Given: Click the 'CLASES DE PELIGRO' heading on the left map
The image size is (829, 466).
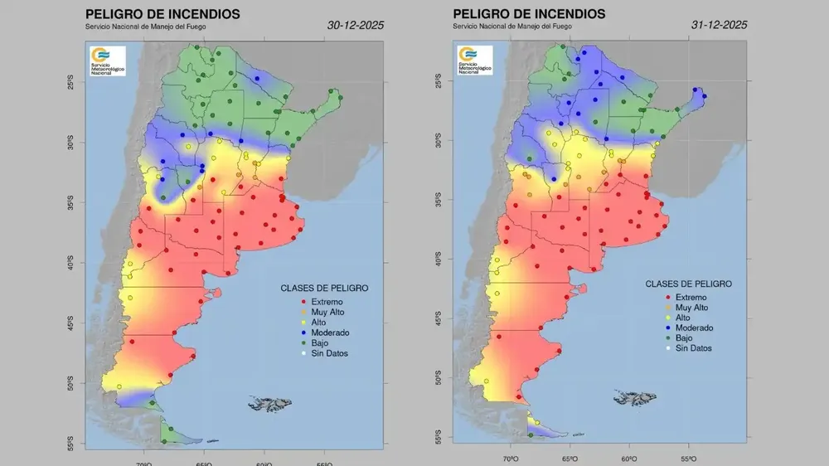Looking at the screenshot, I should pos(324,288).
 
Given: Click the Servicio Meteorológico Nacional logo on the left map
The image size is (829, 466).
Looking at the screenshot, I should pos(108,61).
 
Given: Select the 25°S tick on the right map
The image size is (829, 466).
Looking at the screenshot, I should pos(439,81).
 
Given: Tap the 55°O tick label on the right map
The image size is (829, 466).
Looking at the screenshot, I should pos(689,458).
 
